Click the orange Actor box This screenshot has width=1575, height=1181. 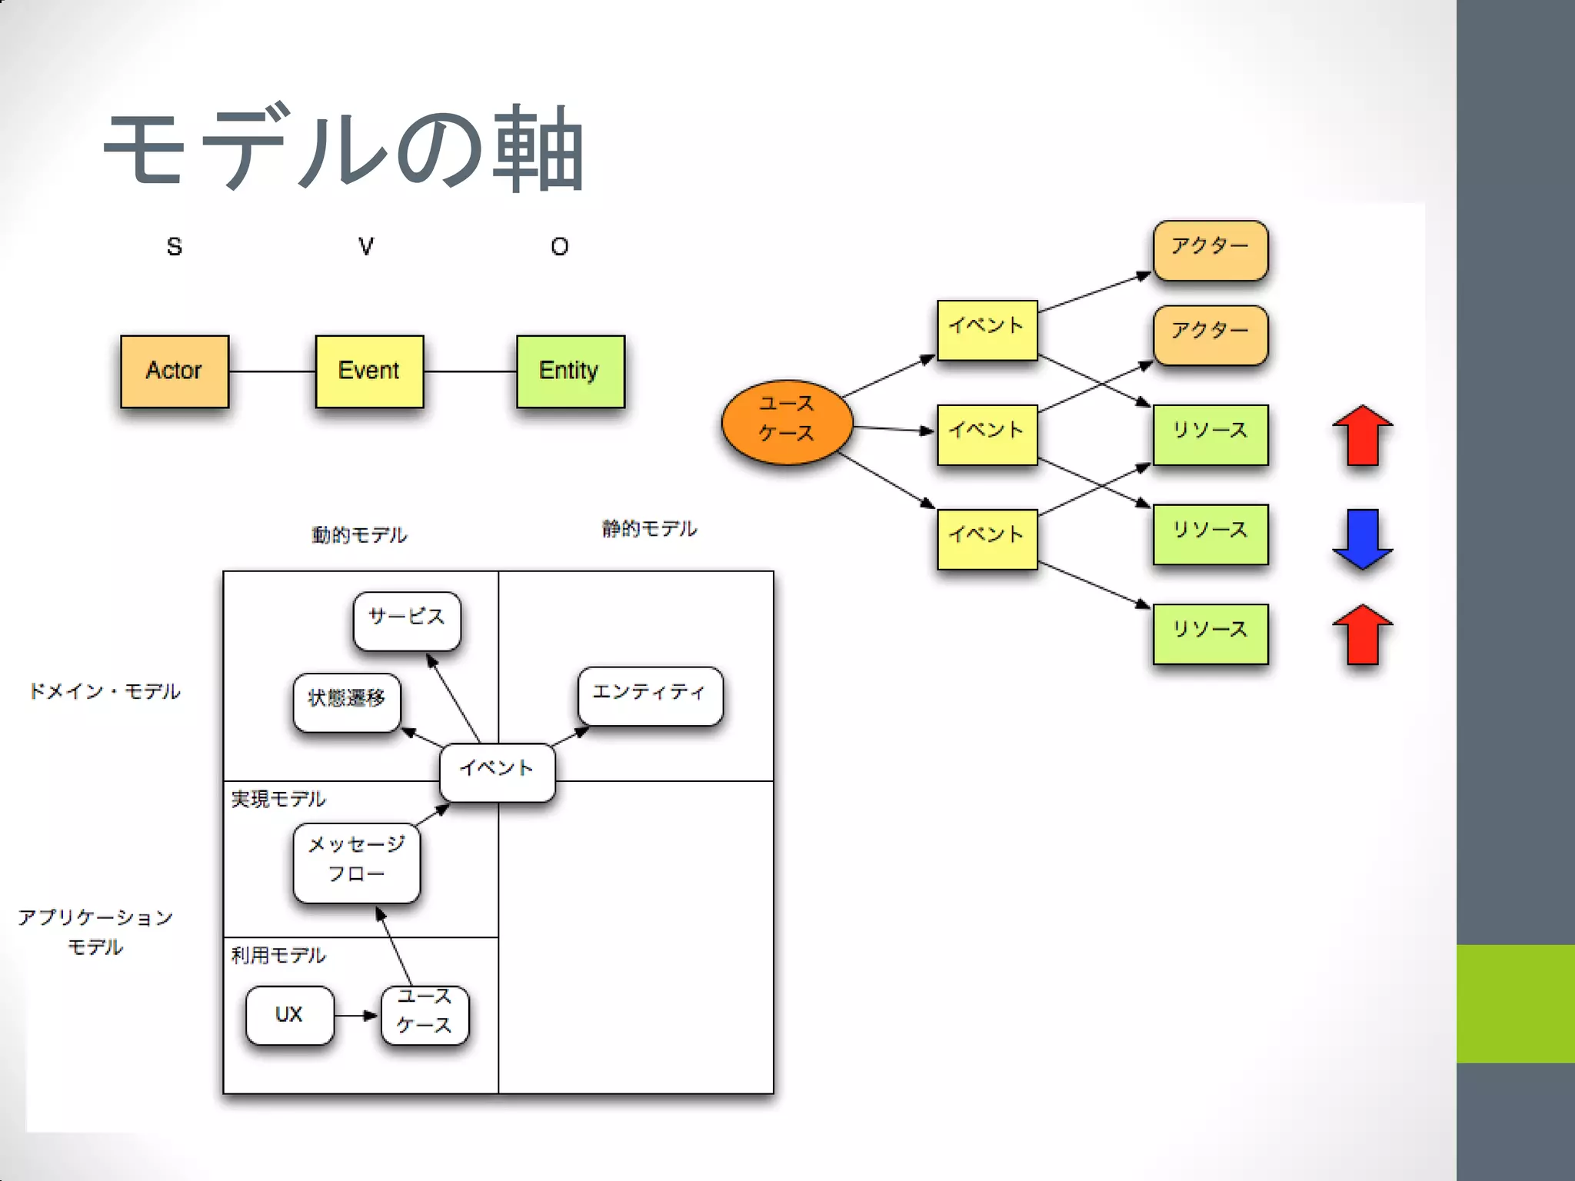click(175, 371)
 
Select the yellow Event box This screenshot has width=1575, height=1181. click(369, 371)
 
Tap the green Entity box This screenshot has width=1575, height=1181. click(570, 371)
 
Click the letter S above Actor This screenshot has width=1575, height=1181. click(175, 247)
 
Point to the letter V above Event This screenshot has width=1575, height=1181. click(366, 247)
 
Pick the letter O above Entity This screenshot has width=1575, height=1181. click(560, 247)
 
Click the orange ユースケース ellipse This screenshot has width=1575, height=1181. click(787, 422)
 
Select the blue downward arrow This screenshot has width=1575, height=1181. click(1362, 538)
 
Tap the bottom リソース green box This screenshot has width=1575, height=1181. click(1210, 634)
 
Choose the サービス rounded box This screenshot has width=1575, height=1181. click(407, 620)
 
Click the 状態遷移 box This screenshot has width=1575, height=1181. click(347, 702)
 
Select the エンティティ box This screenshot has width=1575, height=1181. click(650, 695)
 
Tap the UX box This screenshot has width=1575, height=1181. click(289, 1015)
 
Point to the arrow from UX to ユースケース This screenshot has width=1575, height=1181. click(357, 1016)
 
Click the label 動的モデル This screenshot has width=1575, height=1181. click(359, 535)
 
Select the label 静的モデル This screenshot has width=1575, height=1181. click(649, 529)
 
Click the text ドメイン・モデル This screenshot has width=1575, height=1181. click(105, 692)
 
